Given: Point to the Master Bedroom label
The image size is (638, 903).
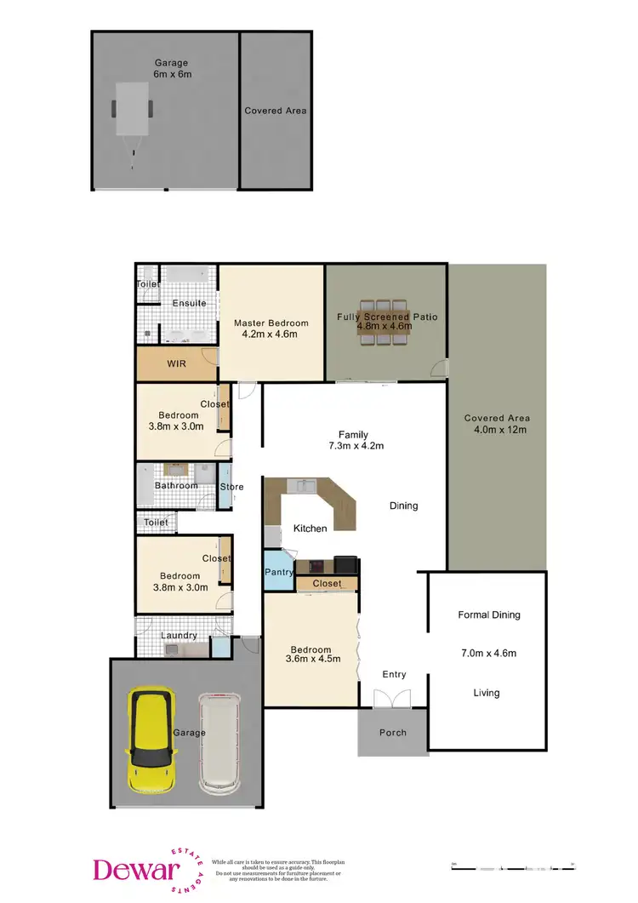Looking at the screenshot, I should click(271, 323).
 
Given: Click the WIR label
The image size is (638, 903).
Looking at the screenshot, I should click(176, 363).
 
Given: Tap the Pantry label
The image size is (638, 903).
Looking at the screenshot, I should click(279, 573).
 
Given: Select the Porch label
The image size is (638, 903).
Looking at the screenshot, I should click(392, 732).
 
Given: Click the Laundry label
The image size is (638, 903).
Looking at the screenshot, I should click(179, 635).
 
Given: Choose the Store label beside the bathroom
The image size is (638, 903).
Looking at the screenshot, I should click(231, 487).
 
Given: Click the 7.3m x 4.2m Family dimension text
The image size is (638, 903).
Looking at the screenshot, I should click(353, 445).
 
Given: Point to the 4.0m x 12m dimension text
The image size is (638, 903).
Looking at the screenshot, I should click(497, 430).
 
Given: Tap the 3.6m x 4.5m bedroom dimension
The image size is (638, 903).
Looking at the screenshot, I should click(311, 656).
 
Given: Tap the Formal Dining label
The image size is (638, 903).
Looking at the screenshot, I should click(488, 614).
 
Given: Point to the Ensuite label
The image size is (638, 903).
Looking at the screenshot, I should click(189, 303).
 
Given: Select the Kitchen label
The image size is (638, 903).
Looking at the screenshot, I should click(310, 529).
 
